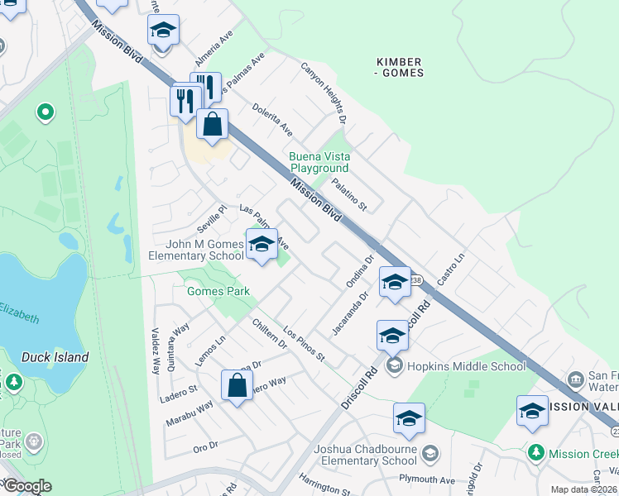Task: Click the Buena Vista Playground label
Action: point(319,162)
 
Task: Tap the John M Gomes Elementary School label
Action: point(195,250)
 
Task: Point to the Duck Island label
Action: point(55,357)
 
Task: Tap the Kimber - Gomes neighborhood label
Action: point(400,68)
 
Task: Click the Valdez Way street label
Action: point(155,355)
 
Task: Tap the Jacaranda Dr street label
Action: point(349,314)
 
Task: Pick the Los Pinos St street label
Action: point(304,346)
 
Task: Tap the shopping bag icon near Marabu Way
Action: point(238,386)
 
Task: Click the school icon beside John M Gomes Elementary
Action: point(262,245)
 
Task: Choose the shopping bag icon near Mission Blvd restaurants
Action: point(213,125)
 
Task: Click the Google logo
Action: point(27,486)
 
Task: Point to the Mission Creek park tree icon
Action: point(536,454)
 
